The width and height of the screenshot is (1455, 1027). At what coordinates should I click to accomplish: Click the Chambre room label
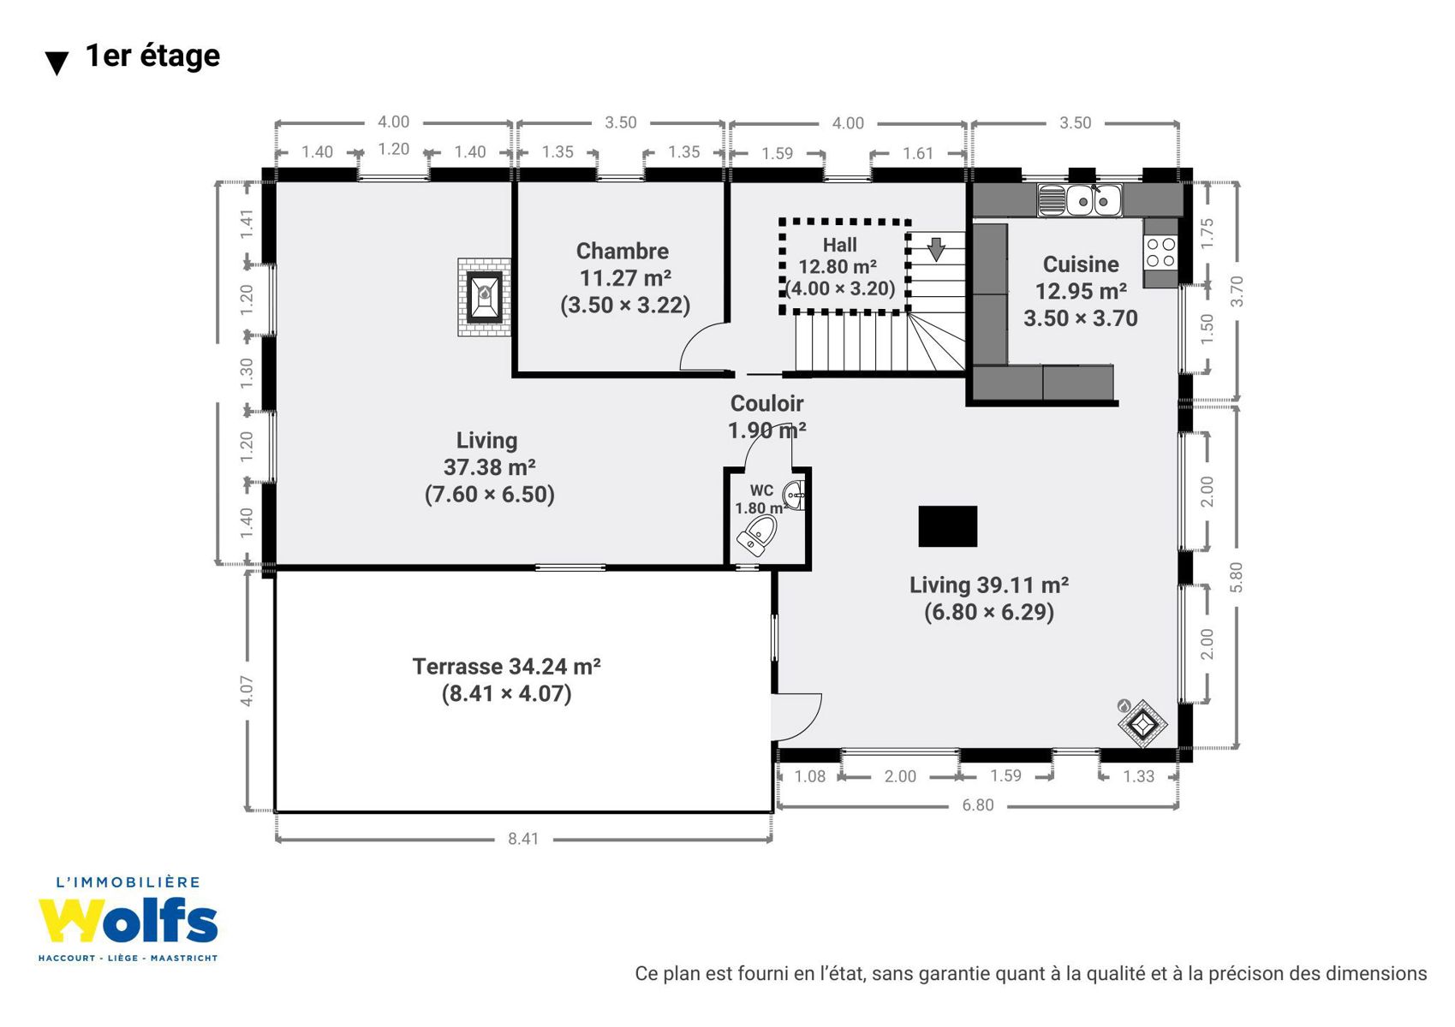click(623, 252)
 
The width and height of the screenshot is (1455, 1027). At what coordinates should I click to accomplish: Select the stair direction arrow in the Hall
click(936, 249)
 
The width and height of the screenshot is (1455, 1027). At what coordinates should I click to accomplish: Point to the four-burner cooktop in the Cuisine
click(1160, 252)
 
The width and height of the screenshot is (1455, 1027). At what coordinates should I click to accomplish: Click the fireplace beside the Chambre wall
click(484, 297)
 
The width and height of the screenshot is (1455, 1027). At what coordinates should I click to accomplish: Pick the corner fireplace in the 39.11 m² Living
click(1142, 723)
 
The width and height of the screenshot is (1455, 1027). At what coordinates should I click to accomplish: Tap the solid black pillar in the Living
click(948, 525)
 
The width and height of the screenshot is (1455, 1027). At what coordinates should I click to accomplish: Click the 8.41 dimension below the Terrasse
click(523, 839)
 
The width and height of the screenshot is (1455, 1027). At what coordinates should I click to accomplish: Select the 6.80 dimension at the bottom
click(978, 805)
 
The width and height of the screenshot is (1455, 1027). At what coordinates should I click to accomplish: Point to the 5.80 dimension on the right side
click(1236, 577)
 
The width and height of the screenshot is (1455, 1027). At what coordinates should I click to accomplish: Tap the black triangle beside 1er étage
click(57, 63)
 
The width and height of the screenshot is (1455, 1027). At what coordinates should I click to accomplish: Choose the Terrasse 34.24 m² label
click(507, 667)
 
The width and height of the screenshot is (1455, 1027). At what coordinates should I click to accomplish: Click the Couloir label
click(767, 403)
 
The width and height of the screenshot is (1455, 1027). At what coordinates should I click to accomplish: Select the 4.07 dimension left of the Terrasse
click(246, 691)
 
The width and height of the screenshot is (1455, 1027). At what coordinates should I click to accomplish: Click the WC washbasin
click(795, 496)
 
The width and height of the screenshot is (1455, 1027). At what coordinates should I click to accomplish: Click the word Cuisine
click(1081, 264)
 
